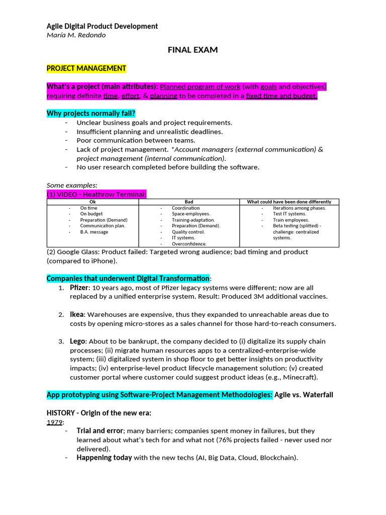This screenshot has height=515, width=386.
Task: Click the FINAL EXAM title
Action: (192, 50)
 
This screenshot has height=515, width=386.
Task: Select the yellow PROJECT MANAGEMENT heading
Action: (86, 68)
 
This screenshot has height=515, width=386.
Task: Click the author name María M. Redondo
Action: (76, 35)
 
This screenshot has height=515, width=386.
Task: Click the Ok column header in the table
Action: (92, 202)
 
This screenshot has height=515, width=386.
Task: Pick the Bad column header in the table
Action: (189, 202)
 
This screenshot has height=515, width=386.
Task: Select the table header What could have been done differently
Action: (289, 202)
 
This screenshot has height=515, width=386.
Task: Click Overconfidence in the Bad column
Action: (189, 243)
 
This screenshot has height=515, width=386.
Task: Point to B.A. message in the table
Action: (94, 232)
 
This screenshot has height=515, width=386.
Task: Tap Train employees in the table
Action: (291, 220)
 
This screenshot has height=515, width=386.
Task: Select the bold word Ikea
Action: (77, 314)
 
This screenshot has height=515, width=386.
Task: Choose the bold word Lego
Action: (77, 341)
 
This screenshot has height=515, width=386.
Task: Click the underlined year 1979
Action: (54, 422)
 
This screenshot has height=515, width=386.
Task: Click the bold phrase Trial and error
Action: (99, 431)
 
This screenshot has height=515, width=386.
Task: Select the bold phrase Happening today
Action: (104, 458)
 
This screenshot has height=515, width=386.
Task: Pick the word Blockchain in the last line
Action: (277, 458)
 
